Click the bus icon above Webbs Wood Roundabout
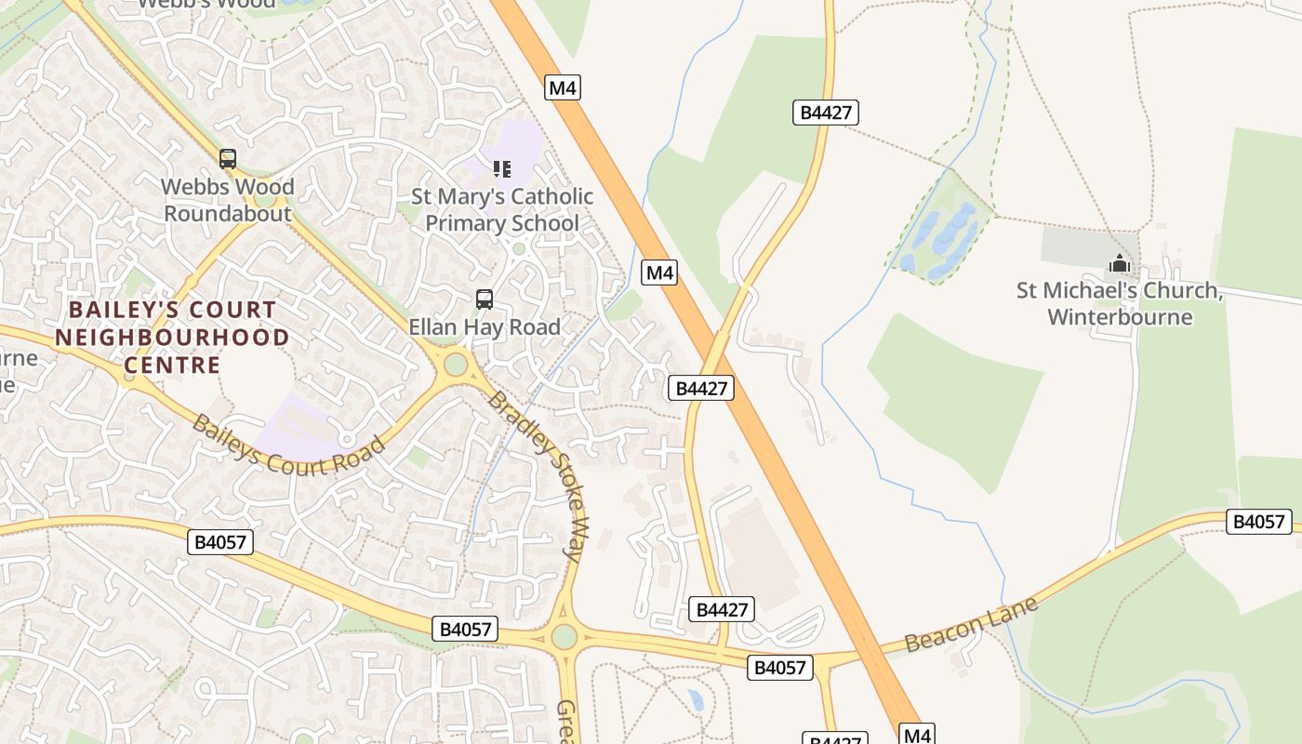(x=228, y=159)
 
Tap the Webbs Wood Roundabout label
(x=228, y=200)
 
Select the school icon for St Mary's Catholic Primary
(x=502, y=169)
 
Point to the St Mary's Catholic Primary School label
(x=502, y=210)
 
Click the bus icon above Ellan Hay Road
(x=485, y=299)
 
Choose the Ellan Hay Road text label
(x=485, y=327)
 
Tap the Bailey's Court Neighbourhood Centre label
(x=172, y=337)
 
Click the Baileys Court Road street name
(x=287, y=445)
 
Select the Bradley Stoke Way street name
(x=537, y=475)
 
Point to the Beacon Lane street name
(x=971, y=626)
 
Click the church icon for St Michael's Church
(x=1119, y=264)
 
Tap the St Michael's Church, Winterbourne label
(x=1119, y=304)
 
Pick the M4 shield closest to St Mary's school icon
(x=563, y=88)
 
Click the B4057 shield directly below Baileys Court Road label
(x=220, y=542)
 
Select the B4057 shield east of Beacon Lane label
(x=1259, y=522)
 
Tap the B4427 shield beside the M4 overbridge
(x=701, y=388)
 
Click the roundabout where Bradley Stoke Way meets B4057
(x=564, y=637)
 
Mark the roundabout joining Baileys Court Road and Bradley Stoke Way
(x=456, y=364)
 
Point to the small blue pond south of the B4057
(x=697, y=699)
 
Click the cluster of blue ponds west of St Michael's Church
(x=939, y=239)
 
